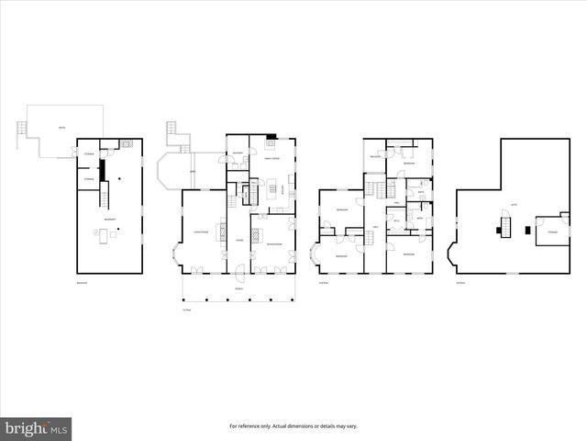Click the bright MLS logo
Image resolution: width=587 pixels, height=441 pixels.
coord(36,427)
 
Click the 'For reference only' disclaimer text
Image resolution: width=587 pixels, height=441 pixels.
coord(293,426)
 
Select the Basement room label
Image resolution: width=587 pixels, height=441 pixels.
coord(109,220)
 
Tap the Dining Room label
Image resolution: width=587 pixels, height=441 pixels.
coord(272,244)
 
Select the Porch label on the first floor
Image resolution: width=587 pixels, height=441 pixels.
coord(238,285)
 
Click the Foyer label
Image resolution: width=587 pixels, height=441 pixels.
coord(238,241)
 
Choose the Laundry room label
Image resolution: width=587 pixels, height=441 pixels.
coord(237,153)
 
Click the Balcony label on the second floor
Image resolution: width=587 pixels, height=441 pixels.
coord(375,157)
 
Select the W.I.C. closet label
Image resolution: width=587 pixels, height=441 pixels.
coord(396,221)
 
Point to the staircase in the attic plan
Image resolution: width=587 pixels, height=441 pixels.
coord(503,225)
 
